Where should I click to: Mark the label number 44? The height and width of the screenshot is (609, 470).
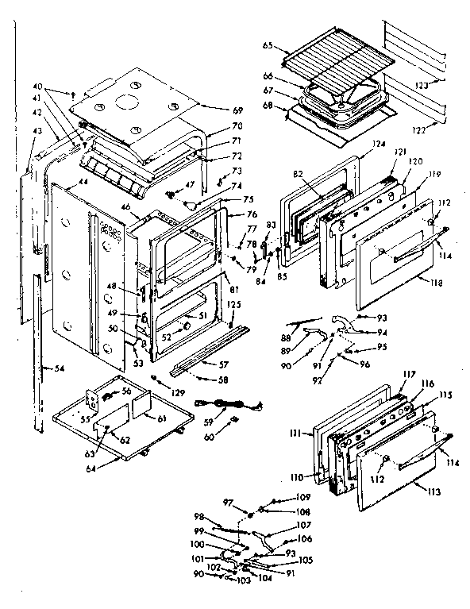(82, 182)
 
